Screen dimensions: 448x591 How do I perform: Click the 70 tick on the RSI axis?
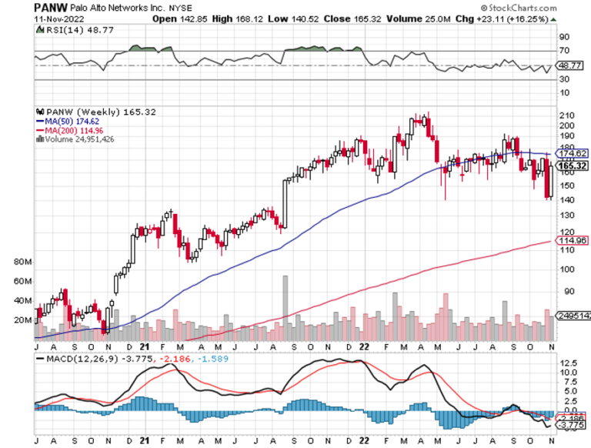pos(563,52)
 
